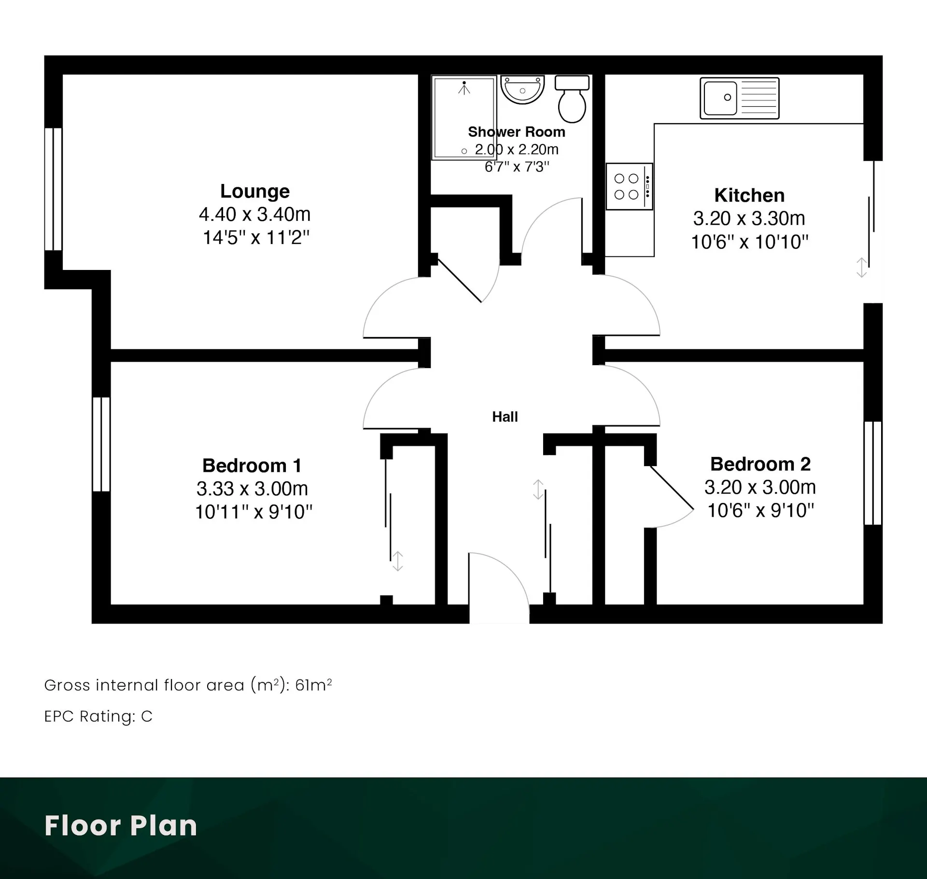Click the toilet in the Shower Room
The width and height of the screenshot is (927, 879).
pos(572,99)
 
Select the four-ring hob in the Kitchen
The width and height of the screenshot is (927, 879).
pos(630,186)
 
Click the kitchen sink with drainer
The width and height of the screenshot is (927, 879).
pos(740,98)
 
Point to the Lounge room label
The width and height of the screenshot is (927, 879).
pos(255,191)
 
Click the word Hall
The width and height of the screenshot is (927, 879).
pos(505,417)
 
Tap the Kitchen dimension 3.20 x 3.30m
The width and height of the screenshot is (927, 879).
pos(749,218)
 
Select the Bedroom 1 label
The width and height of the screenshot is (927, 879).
pos(252,466)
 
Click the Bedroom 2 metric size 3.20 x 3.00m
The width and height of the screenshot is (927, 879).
pos(760,487)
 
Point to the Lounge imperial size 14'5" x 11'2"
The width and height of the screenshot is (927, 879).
pos(256,238)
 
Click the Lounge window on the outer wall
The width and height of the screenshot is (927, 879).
pos(53,189)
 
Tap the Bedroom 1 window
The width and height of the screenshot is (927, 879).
pos(101,444)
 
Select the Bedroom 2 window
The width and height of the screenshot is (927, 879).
pos(873,473)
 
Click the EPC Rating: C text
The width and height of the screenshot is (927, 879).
pos(98,716)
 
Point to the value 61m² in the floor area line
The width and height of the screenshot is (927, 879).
pos(313,685)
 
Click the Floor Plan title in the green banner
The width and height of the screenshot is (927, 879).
pos(121,825)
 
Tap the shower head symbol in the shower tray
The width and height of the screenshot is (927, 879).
pos(464,88)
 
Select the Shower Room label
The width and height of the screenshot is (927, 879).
pos(517,132)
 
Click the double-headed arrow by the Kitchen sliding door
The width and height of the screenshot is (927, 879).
pos(862,268)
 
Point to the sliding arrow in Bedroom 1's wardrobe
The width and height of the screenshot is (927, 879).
pos(397,561)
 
